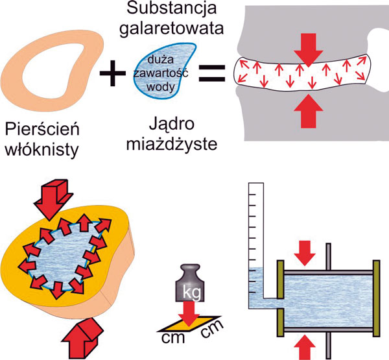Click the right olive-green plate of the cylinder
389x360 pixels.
tap(374, 293)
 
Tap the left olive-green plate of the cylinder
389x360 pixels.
tap(281, 293)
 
